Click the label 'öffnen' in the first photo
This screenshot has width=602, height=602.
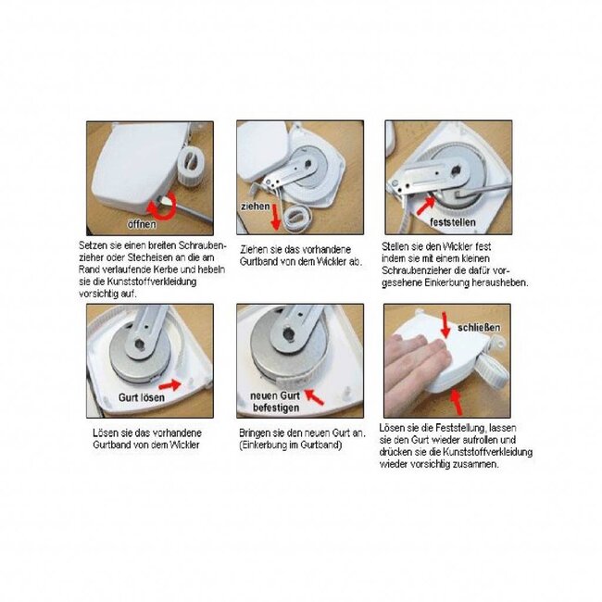click(x=141, y=224)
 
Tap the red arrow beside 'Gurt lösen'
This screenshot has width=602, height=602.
click(x=171, y=381)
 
